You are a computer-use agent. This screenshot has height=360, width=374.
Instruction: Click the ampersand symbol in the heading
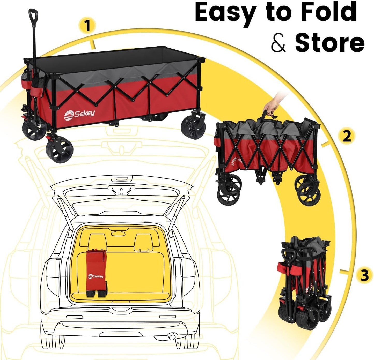[278, 43]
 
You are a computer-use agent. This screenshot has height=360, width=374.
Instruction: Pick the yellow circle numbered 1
[87, 26]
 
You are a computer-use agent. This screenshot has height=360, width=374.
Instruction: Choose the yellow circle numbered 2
[347, 136]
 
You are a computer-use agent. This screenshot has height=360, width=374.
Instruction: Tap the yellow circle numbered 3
[364, 275]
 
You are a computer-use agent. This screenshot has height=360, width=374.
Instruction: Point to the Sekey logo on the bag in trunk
[96, 276]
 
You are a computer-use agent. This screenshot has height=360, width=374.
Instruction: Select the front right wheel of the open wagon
[60, 150]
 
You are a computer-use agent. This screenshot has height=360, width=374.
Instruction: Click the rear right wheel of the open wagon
[193, 127]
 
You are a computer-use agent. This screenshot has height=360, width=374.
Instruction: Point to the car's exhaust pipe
[171, 336]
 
